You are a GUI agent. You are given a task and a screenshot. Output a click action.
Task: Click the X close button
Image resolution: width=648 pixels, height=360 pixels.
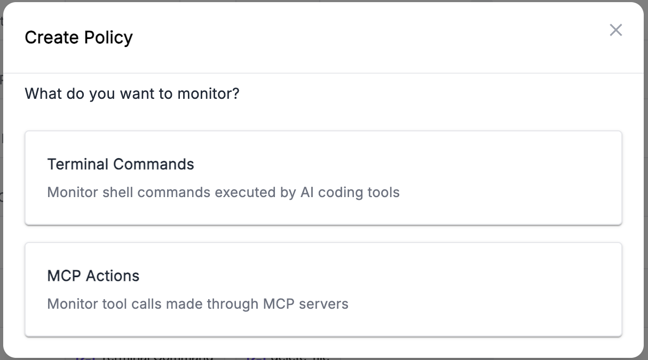click(616, 30)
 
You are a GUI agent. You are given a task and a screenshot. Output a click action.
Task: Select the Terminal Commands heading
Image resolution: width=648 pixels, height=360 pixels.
click(121, 164)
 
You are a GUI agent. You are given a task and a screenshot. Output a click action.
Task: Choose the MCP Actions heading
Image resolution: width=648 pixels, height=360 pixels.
click(93, 276)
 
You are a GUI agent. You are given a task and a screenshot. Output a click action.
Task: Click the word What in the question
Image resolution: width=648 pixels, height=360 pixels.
click(43, 94)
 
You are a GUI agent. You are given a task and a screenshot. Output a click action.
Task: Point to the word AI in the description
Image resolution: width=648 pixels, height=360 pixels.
click(307, 192)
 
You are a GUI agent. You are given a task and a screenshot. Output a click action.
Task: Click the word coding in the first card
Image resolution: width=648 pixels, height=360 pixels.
click(339, 192)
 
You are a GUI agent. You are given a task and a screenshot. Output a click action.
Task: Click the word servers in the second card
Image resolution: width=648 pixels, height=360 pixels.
click(323, 304)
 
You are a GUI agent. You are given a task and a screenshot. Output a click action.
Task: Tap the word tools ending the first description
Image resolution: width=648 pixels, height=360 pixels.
click(383, 192)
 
